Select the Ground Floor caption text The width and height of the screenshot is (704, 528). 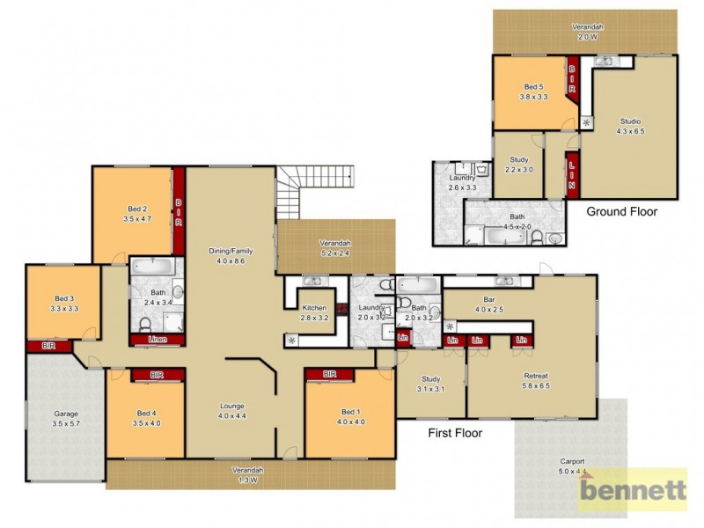[621, 211]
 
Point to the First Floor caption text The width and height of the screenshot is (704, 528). [455, 432]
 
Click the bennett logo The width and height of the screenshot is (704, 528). [632, 488]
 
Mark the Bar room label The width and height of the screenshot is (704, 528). [488, 304]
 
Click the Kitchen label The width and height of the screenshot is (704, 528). [314, 312]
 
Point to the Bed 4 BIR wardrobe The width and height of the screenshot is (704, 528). [158, 375]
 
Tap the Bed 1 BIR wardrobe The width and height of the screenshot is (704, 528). [330, 375]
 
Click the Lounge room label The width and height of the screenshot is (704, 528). [232, 410]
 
